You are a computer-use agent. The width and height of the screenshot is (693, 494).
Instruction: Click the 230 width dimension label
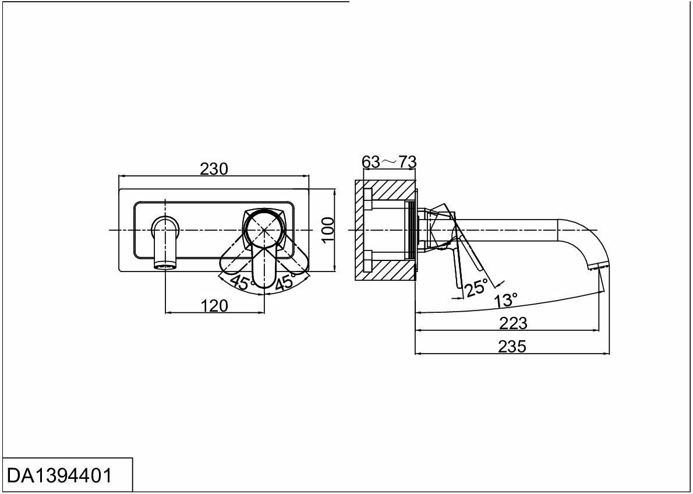pyautogui.click(x=214, y=169)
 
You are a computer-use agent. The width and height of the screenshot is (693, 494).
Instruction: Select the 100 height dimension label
pyautogui.click(x=328, y=230)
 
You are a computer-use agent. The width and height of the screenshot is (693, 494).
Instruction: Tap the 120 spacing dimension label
pyautogui.click(x=214, y=305)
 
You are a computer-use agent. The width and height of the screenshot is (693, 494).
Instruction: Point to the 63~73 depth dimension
pyautogui.click(x=389, y=162)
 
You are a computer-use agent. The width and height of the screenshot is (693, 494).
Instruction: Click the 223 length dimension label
pyautogui.click(x=512, y=323)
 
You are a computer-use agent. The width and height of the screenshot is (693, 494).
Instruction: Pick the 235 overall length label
pyautogui.click(x=512, y=347)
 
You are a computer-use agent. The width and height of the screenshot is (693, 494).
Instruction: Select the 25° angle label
pyautogui.click(x=476, y=287)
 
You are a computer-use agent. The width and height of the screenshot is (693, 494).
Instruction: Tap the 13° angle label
pyautogui.click(x=505, y=301)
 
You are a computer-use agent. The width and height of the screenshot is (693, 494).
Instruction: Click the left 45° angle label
pyautogui.click(x=241, y=283)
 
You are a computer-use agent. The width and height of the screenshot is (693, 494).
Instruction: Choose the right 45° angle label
pyautogui.click(x=286, y=283)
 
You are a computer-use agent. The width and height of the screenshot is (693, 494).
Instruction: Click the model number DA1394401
pyautogui.click(x=59, y=475)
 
